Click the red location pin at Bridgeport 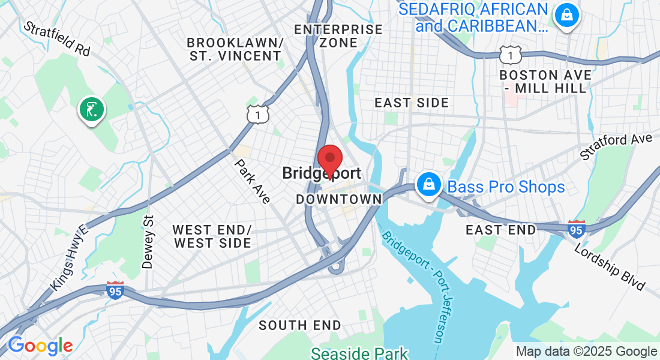coord(329,160)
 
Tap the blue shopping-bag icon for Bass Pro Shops coord(430,184)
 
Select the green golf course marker coord(91,110)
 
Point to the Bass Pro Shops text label coord(506,187)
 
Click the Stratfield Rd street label coord(56,39)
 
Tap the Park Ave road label coord(252,181)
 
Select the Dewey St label coord(148,242)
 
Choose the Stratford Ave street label coord(616,147)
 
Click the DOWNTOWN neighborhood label coord(339,199)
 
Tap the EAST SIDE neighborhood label coord(412,103)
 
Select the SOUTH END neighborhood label coord(300,326)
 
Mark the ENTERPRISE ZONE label coord(338,36)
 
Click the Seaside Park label coord(359,353)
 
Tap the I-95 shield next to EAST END coord(576,229)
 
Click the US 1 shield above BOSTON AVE coord(509,54)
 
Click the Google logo coord(40,346)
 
